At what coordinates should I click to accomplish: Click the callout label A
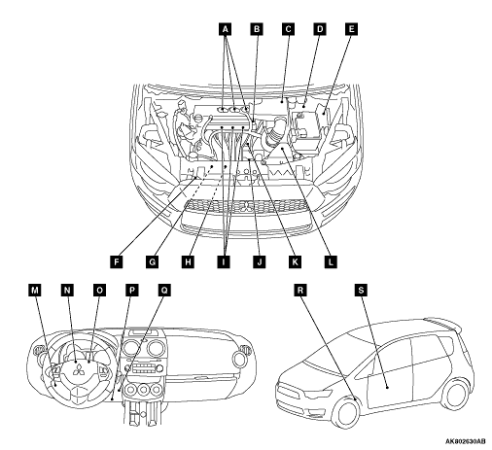click(x=225, y=29)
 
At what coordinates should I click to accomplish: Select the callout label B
click(x=257, y=29)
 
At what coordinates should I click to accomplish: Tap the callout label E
click(x=351, y=29)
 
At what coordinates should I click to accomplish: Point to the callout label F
click(x=117, y=261)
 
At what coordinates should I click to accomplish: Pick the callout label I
click(x=224, y=261)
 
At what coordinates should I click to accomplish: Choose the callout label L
click(x=331, y=261)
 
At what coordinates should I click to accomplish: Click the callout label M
click(x=35, y=291)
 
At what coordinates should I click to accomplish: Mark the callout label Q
click(x=164, y=291)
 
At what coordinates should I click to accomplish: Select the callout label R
click(x=300, y=290)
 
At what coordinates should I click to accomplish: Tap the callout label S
click(x=361, y=290)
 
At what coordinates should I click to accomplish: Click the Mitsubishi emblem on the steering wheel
click(x=79, y=369)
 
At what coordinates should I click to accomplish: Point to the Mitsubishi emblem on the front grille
click(x=248, y=207)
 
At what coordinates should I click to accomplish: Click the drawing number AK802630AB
click(x=465, y=441)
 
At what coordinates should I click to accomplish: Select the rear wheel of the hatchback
click(x=456, y=394)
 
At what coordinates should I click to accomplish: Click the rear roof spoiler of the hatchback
click(x=443, y=325)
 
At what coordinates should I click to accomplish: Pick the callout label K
click(x=295, y=261)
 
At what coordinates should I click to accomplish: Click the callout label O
click(x=99, y=291)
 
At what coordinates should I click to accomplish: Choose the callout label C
click(x=288, y=29)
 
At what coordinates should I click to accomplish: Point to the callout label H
click(x=188, y=261)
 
